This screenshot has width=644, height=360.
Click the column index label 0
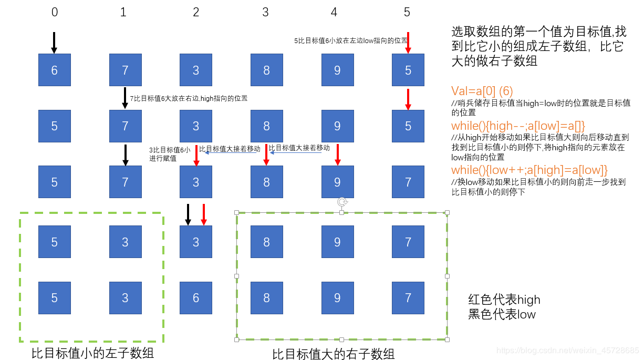(x=55, y=12)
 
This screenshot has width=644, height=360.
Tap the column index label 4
(x=335, y=12)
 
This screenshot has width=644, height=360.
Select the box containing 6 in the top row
(x=55, y=70)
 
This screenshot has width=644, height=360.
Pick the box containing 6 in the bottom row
(x=196, y=298)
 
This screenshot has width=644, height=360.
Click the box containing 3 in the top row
(x=196, y=70)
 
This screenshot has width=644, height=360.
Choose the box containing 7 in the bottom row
(x=408, y=298)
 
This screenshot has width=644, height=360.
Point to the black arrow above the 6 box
(x=54, y=43)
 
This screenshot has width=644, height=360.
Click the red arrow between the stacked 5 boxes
(x=408, y=99)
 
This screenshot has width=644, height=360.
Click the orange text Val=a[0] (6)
(x=483, y=90)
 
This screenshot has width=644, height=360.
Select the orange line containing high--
(x=518, y=126)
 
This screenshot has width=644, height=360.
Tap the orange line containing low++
(x=529, y=170)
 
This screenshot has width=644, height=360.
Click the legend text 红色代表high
(x=504, y=300)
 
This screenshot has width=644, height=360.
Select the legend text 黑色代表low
(x=502, y=314)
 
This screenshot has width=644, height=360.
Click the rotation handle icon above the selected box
(x=342, y=202)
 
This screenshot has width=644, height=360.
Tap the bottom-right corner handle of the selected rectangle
(x=448, y=340)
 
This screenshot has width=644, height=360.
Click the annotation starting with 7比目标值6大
(x=189, y=98)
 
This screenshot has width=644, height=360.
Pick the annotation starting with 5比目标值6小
(x=350, y=40)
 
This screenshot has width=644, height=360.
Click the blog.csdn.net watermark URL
(x=567, y=350)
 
